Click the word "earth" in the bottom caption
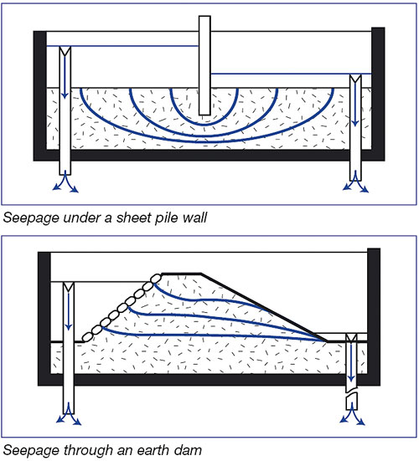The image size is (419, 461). [152, 450]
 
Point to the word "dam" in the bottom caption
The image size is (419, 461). [189, 450]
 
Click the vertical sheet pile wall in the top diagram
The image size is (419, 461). [204, 65]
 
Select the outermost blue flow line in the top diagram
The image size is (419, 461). [208, 141]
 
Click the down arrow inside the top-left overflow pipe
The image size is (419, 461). [65, 76]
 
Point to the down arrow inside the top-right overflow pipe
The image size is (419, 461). [355, 105]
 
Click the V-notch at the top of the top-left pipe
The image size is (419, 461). [65, 51]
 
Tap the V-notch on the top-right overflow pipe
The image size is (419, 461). [355, 79]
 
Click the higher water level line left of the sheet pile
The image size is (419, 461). [122, 46]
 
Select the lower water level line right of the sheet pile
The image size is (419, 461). [291, 74]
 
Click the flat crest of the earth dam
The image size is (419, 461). [181, 274]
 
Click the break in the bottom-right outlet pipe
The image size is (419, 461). [351, 393]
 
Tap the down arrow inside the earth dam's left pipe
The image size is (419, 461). [69, 311]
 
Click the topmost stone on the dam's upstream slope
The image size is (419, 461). [156, 278]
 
